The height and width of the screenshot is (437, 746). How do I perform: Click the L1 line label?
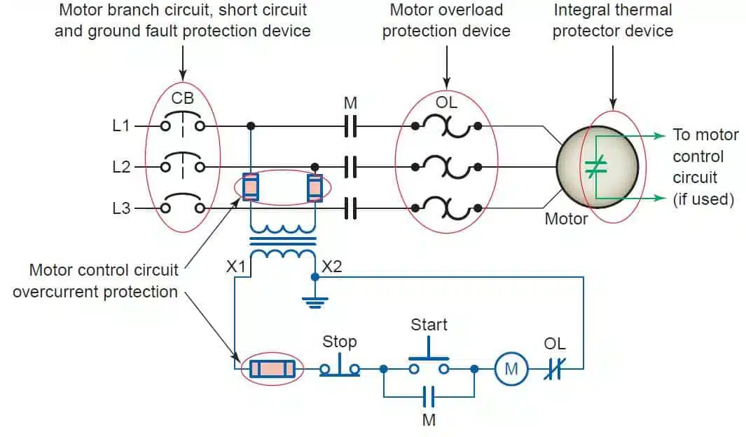coord(121,126)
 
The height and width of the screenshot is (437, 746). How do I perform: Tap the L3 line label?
coord(121,208)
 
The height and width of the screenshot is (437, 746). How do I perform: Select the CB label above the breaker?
coord(182,99)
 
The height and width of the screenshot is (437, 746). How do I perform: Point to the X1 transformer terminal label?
coord(237,266)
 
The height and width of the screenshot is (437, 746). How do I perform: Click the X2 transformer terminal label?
coord(333,266)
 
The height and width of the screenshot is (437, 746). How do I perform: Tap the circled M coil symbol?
coord(511,368)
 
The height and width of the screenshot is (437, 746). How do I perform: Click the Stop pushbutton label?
coord(340,342)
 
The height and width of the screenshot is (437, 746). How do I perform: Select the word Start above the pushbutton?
coord(429,325)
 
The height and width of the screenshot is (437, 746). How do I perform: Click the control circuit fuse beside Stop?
coord(272,368)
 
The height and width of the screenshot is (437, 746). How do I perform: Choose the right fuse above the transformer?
coord(315,187)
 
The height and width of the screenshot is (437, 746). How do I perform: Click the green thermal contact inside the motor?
coord(595,167)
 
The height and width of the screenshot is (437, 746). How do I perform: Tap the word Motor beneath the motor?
coord(566,219)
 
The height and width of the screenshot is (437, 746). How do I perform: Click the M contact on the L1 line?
coord(351,126)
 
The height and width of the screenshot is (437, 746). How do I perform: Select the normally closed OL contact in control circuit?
coord(554,368)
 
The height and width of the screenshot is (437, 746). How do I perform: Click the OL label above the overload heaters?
coord(446,102)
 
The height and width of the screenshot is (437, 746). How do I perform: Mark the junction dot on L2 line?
coord(315,167)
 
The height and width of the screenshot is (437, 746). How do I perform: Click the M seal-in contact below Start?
coord(429,397)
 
